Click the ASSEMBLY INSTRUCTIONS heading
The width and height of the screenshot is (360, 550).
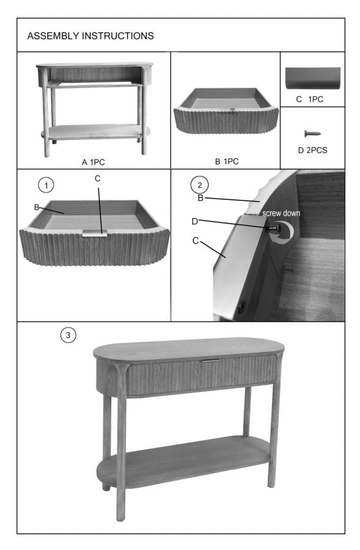(x=90, y=36)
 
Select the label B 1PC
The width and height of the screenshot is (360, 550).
(x=227, y=162)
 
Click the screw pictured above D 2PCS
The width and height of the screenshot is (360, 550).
(x=312, y=133)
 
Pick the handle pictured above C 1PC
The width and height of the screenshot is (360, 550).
(x=312, y=79)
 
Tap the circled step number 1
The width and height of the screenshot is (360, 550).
(x=44, y=183)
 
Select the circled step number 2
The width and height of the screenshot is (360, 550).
(x=198, y=183)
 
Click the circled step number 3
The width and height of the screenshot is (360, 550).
(x=68, y=335)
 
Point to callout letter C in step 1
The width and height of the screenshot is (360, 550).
(x=98, y=178)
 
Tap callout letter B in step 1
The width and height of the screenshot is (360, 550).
(x=37, y=208)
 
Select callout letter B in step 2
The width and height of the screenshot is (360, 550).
(x=199, y=198)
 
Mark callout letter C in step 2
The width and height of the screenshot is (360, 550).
(x=195, y=241)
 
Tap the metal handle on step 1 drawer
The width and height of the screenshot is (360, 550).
(x=95, y=232)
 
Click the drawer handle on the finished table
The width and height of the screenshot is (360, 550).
(x=210, y=361)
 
